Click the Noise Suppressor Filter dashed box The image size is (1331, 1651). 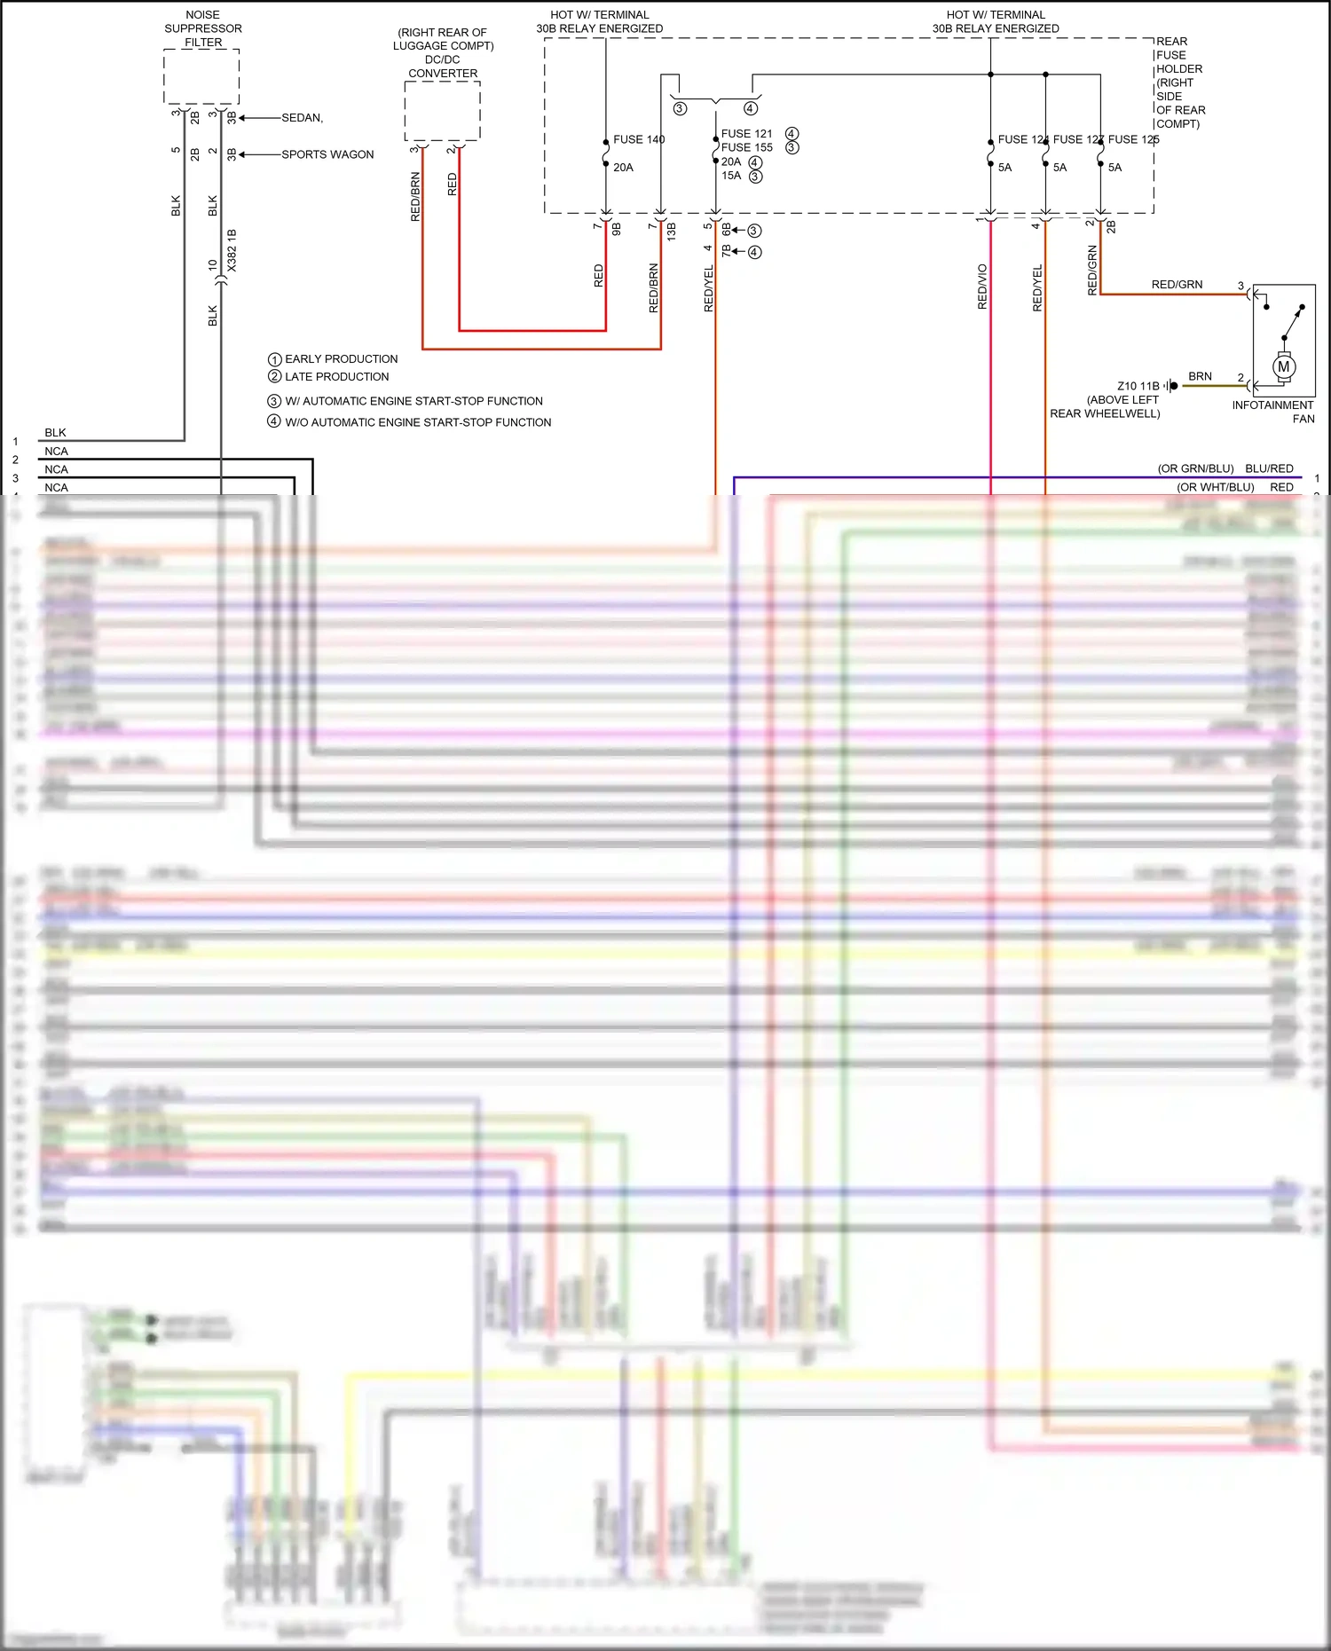pos(201,77)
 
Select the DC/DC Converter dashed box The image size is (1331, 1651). pos(442,111)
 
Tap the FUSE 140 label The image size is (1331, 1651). pos(638,139)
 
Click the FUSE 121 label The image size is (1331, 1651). pos(746,134)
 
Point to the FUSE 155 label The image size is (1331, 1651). pos(746,147)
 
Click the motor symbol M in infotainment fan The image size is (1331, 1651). pos(1283,366)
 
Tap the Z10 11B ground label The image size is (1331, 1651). pos(1138,386)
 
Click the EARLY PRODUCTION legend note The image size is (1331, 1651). pos(341,359)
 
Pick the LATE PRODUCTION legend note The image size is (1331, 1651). pos(336,377)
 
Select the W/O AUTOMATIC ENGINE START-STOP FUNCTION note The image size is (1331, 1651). pos(417,422)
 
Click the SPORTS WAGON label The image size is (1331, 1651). pos(327,154)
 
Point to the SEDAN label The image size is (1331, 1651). pos(302,118)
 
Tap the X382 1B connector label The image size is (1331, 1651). pos(232,250)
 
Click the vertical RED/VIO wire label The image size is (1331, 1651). pos(982,287)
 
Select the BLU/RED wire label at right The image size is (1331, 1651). pos(1269,468)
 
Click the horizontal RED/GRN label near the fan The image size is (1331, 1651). pos(1177,285)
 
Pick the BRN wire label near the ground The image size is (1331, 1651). pos(1200,376)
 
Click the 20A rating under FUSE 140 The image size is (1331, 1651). pos(623,168)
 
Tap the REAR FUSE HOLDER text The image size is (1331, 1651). pos(1179,83)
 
